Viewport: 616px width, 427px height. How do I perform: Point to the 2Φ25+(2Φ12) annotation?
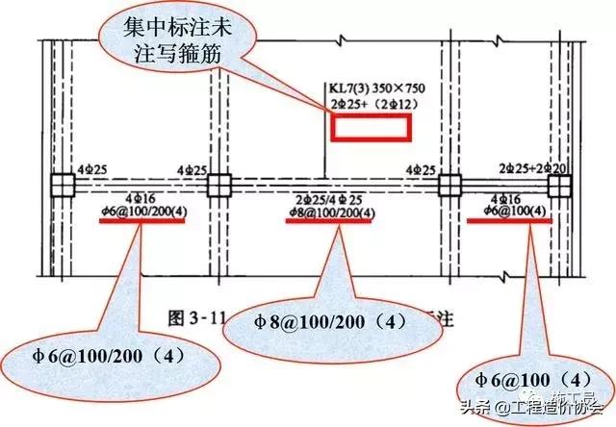(x=370, y=105)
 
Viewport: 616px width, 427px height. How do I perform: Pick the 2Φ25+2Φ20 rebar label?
(x=520, y=168)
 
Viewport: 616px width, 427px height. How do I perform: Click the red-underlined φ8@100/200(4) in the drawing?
(x=323, y=212)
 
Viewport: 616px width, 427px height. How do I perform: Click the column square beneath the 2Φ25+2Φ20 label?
(x=556, y=184)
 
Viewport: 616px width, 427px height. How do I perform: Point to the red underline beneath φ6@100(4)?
(x=509, y=219)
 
